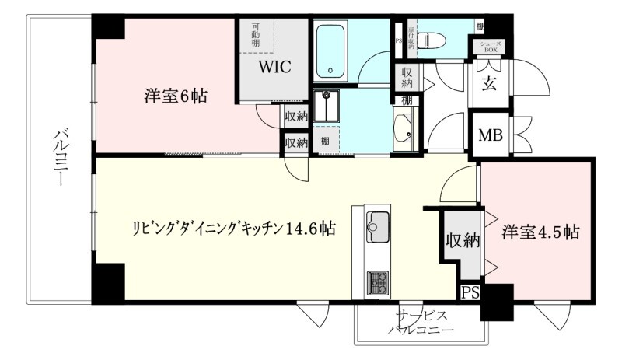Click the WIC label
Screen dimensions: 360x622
[274, 66]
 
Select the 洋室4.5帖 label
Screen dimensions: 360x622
[540, 231]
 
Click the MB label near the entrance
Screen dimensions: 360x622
[490, 135]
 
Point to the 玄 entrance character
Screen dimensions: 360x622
[490, 82]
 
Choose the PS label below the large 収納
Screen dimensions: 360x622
[469, 292]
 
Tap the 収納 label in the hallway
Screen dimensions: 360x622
[407, 78]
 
